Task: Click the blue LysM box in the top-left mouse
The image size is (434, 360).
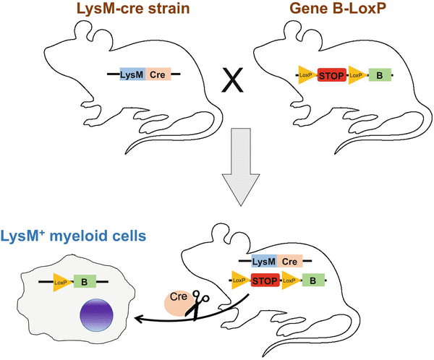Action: click(132, 74)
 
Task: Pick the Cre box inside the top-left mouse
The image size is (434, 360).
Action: click(158, 74)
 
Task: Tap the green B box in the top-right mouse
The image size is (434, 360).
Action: click(379, 74)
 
